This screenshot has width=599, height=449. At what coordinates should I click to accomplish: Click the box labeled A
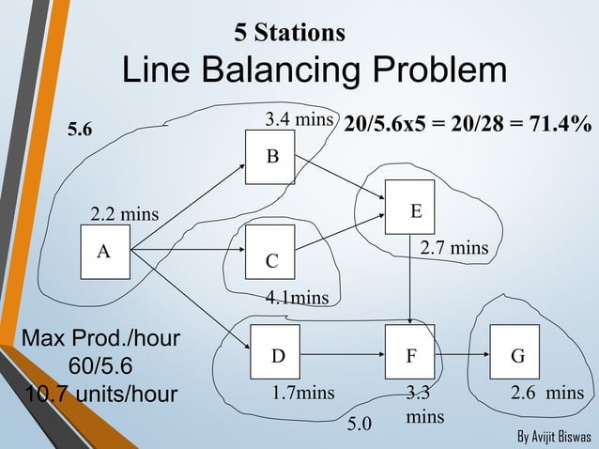(105, 252)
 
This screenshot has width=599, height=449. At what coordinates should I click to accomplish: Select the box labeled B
(269, 157)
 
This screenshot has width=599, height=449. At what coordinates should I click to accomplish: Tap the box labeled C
(269, 252)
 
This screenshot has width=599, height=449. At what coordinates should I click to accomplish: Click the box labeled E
(409, 207)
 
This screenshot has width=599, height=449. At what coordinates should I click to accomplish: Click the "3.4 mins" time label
(299, 120)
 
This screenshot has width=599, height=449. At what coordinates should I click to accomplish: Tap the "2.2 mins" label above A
(125, 216)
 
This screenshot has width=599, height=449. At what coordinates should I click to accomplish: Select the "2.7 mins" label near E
(453, 249)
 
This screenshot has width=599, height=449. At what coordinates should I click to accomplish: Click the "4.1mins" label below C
(297, 299)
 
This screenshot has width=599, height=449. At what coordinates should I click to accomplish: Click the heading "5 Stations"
(290, 33)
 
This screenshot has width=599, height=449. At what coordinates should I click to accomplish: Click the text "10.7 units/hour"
(90, 393)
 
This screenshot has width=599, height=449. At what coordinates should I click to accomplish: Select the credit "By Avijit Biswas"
(554, 438)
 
